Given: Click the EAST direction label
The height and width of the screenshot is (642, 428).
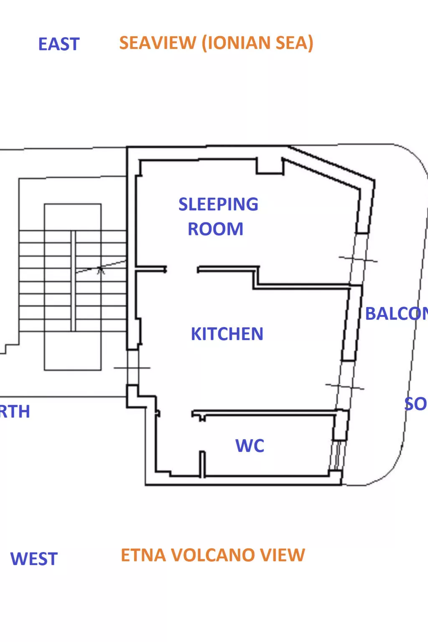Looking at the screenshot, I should click(59, 44).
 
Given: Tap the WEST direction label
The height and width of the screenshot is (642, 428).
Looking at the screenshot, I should click(34, 559).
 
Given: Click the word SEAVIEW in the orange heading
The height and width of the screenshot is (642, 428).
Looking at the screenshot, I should click(158, 43).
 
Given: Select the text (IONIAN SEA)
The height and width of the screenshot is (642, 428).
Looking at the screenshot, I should click(257, 43).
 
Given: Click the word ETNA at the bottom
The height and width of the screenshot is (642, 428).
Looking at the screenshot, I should click(144, 555).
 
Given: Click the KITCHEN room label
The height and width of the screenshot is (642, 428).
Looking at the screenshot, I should click(227, 334).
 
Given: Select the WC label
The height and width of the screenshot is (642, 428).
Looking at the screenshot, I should click(250, 446).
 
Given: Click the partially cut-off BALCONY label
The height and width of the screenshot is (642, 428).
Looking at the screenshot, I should click(395, 314).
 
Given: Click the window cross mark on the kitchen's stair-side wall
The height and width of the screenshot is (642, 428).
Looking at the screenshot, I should click(132, 368).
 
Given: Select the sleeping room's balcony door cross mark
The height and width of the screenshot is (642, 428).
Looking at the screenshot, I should click(358, 260).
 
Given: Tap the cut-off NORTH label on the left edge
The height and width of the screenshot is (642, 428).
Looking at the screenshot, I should click(15, 412).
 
